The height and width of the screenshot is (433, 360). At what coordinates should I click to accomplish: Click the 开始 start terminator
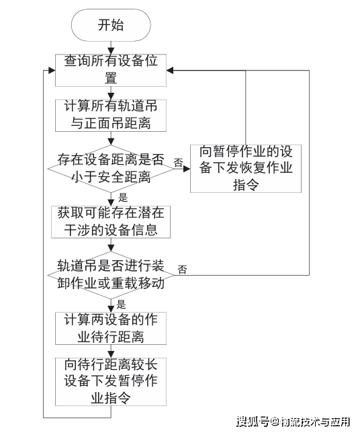pos(111,25)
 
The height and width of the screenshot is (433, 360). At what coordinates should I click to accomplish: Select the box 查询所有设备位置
pos(111,70)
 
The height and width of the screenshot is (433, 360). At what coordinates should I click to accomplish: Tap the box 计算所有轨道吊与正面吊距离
pos(111,116)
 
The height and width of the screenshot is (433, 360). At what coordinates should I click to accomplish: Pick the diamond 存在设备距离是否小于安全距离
pos(111,169)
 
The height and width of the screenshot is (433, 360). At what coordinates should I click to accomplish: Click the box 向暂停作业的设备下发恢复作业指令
pos(246,169)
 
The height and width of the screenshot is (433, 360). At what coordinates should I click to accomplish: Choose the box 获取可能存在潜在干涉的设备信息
pos(111,222)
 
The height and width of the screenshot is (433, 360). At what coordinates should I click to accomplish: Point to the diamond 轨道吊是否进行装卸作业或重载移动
pos(111,275)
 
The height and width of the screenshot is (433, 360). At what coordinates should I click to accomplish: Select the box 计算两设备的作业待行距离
pos(111,328)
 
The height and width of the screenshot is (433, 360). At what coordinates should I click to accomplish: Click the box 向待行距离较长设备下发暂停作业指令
pos(111,382)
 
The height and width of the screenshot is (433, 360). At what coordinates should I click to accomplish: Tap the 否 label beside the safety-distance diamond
pos(179,163)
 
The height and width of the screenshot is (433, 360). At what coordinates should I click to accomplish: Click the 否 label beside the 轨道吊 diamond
pos(182,269)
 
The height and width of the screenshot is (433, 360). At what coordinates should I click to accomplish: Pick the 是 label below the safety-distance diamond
pos(123,198)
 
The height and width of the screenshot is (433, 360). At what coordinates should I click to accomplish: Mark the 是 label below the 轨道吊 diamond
pos(121,305)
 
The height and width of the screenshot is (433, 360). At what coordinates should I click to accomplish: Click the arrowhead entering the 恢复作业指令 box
pos(187,169)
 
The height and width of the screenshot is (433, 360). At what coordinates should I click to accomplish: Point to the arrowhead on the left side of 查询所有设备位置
pos(52,70)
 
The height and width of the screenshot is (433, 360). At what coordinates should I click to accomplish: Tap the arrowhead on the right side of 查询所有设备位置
pos(170,70)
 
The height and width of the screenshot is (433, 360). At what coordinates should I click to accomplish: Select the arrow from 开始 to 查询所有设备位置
pos(111,48)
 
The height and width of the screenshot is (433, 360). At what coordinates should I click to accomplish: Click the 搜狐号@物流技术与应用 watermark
pos(294,422)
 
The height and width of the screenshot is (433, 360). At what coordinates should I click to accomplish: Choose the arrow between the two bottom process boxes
pos(111,351)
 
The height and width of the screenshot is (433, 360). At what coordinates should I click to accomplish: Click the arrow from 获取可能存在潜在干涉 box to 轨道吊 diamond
pos(111,245)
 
